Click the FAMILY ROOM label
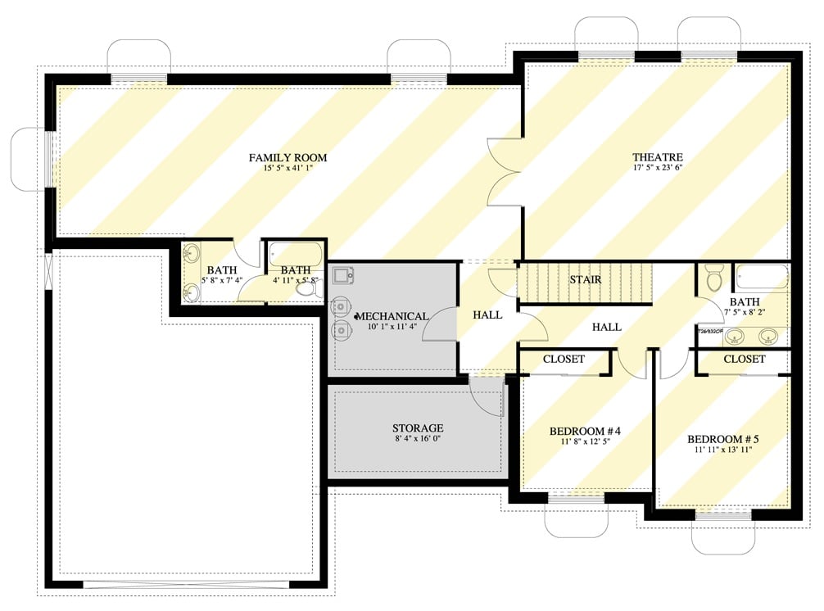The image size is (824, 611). [287, 158]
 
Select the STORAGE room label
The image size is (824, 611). [417, 428]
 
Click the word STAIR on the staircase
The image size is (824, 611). [586, 280]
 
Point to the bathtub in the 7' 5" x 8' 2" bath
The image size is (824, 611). [761, 277]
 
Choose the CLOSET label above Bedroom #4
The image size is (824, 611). [564, 360]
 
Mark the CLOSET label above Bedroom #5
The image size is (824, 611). [744, 360]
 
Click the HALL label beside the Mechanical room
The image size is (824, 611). [488, 315]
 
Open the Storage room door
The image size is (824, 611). [487, 395]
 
